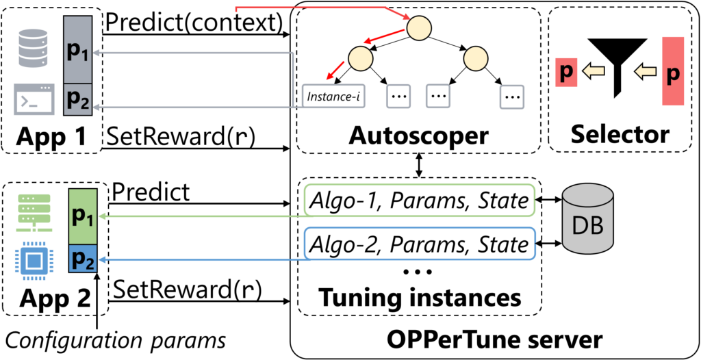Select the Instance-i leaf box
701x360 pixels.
[x=333, y=97]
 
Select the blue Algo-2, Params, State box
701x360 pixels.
[x=419, y=244]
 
